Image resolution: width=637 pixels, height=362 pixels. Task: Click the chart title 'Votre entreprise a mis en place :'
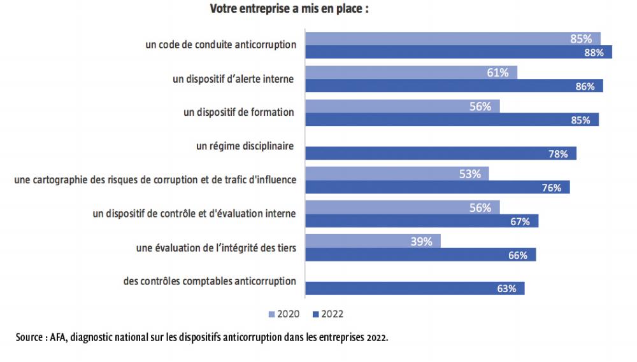[289, 10]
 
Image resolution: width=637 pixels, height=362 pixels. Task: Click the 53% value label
[469, 174]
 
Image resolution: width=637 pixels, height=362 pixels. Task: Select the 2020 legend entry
[284, 314]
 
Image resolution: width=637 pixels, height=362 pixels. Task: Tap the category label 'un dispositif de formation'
[238, 112]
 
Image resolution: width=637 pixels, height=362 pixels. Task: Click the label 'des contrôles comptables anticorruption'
[210, 281]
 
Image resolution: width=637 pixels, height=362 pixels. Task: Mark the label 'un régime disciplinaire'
[245, 146]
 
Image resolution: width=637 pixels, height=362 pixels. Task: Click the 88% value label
[594, 53]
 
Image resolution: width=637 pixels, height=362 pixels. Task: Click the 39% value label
[421, 241]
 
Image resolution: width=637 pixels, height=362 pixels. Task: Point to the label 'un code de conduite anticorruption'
[221, 45]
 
